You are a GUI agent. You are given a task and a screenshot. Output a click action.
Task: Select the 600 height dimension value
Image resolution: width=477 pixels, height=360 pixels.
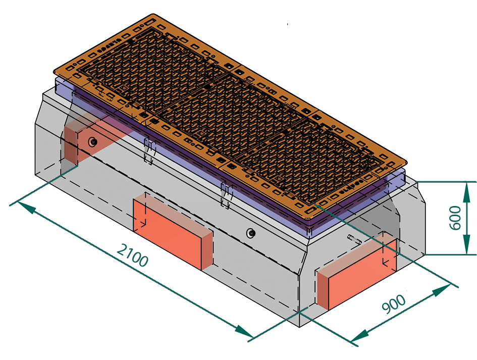click(x=455, y=218)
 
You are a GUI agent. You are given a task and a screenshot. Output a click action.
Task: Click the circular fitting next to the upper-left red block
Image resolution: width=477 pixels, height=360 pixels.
click(x=93, y=142)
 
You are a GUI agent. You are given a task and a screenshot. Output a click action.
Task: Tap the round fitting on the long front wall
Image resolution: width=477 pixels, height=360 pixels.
click(x=250, y=233)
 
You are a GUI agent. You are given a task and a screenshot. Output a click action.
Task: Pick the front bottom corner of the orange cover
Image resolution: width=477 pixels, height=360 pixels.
click(x=309, y=218)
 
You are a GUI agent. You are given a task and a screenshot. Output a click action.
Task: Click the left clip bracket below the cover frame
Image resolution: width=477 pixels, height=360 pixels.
click(x=149, y=150)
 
